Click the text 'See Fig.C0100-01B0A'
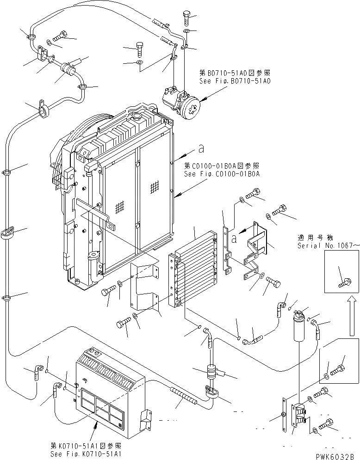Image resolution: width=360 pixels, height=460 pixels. [x=222, y=174]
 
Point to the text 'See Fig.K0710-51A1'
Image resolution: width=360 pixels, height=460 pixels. [x=86, y=454]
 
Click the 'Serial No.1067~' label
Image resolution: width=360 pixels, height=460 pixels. [x=328, y=245]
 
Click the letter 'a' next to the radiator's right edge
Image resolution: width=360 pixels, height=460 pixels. [x=200, y=148]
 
